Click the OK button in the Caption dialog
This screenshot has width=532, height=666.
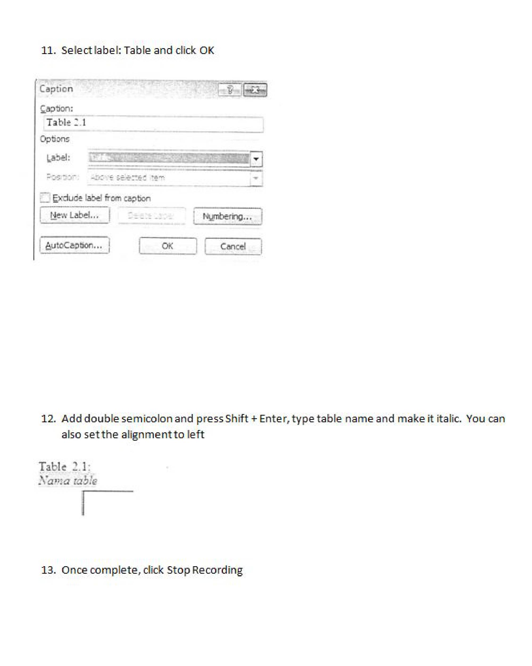pos(167,246)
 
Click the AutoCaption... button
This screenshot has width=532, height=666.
pos(74,245)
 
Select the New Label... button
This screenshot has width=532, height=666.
pos(74,215)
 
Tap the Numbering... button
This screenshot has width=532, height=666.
pos(227,216)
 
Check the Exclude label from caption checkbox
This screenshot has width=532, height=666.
pos(45,197)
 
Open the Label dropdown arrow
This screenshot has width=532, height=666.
pos(256,159)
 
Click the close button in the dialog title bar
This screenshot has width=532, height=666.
pos(255,90)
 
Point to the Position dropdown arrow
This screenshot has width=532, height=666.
pos(256,178)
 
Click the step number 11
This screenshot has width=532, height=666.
pos(48,50)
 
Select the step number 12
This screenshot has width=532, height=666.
pos(48,419)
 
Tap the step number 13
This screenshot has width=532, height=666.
pos(48,570)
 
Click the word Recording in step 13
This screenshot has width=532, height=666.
pos(217,570)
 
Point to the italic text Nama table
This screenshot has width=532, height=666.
pos(68,481)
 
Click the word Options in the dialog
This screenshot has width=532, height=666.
pos(55,139)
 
